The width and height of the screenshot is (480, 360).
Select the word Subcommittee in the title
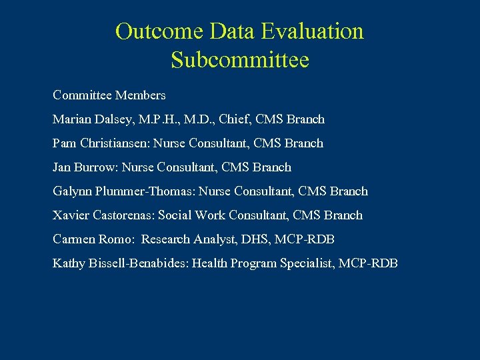click(240, 60)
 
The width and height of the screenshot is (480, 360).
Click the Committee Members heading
click(109, 95)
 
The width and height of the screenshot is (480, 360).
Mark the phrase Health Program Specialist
click(263, 263)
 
